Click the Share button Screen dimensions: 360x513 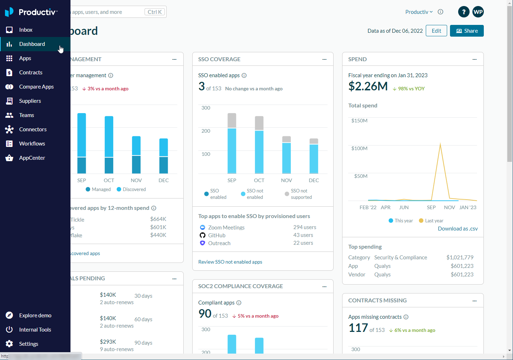point(467,31)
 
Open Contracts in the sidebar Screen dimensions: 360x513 point(31,73)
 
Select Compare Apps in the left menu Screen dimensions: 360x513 point(36,87)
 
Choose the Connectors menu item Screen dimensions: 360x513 point(33,129)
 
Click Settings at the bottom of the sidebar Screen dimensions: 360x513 point(28,344)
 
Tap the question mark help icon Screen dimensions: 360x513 point(464,12)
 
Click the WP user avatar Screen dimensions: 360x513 point(478,12)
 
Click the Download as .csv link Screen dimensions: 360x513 point(457,229)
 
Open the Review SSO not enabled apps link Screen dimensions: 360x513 point(230,262)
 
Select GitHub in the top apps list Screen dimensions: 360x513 point(216,235)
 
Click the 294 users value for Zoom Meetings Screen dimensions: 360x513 point(304,227)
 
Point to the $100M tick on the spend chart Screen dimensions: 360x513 point(359,148)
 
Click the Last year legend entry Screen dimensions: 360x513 point(431,221)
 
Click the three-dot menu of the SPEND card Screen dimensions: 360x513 point(474,59)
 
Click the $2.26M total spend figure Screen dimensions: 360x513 point(368,86)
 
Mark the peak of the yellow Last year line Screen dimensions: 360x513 point(440,144)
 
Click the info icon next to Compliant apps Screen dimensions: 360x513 point(239,303)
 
